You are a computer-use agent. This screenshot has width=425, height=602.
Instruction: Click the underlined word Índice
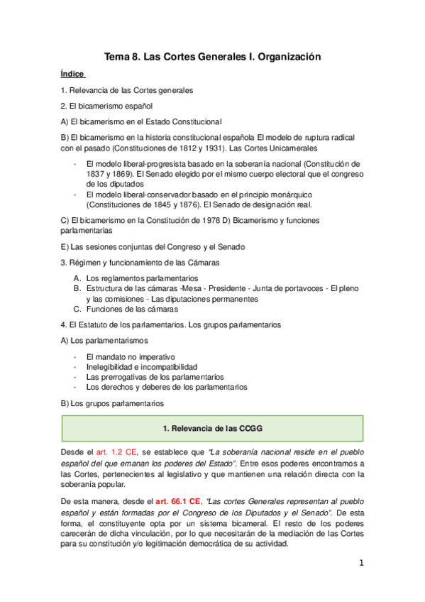coord(72,73)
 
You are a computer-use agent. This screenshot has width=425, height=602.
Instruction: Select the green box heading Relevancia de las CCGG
coord(213,429)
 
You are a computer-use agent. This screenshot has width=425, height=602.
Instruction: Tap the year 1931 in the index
coord(188,149)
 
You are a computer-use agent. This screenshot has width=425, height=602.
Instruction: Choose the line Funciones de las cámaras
coord(128,310)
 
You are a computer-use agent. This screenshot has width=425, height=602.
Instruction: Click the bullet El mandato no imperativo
coord(130,356)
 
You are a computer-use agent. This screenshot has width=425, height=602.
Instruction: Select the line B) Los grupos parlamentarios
coord(112,403)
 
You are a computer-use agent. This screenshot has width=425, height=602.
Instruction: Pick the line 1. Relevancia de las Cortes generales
coord(126,90)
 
